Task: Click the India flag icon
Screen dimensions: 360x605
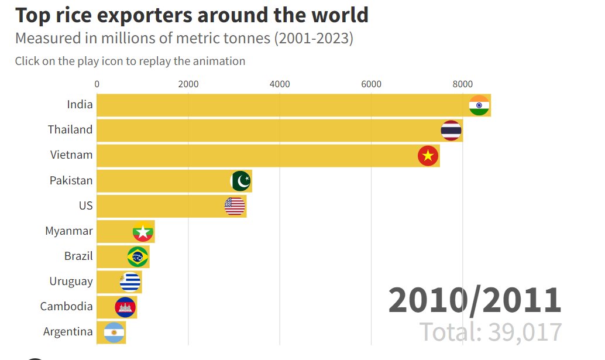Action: pos(479,105)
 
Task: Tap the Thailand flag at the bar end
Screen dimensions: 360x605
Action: pos(451,131)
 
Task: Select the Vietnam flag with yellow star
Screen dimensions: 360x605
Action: pos(428,156)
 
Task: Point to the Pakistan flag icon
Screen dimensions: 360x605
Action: pos(241,181)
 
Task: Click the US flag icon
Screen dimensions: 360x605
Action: pos(235,206)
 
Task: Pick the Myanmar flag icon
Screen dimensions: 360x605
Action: pos(143,232)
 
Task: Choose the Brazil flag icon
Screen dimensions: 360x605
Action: pos(137,257)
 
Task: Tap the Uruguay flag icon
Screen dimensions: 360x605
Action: pos(130,282)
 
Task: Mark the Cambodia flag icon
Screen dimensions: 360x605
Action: pos(125,307)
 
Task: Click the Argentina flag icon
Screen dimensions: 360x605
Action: pos(114,332)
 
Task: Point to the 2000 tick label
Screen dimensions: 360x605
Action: pos(188,84)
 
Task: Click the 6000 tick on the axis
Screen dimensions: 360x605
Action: pos(371,84)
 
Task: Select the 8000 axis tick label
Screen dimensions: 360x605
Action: pos(462,84)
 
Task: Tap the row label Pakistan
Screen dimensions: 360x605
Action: pos(71,180)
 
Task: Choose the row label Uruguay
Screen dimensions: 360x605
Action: pos(71,281)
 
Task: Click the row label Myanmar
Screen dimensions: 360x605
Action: pos(69,231)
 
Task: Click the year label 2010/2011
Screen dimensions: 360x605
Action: pos(475,300)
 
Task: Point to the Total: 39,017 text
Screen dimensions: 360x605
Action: pos(491,332)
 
